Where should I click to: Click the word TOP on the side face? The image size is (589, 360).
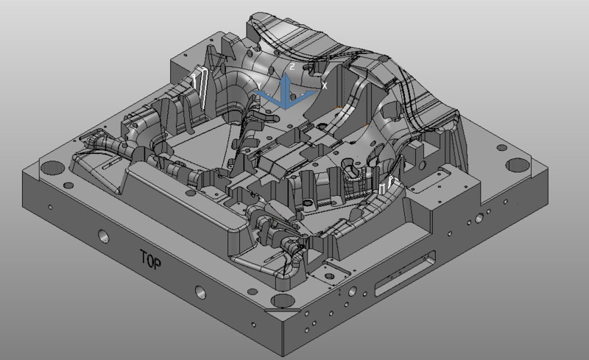coord(151,259)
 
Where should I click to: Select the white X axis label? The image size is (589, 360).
coord(324,86)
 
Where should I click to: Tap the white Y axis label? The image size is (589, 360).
coord(259,86)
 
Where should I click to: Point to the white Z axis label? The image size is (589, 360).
coord(292,67)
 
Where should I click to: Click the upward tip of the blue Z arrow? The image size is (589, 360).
coord(286,74)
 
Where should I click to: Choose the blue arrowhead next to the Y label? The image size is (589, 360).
coord(259,93)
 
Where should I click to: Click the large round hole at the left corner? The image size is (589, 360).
coord(51,167)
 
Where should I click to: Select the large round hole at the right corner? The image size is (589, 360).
coord(518,165)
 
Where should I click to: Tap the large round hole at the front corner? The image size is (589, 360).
coord(283,300)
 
